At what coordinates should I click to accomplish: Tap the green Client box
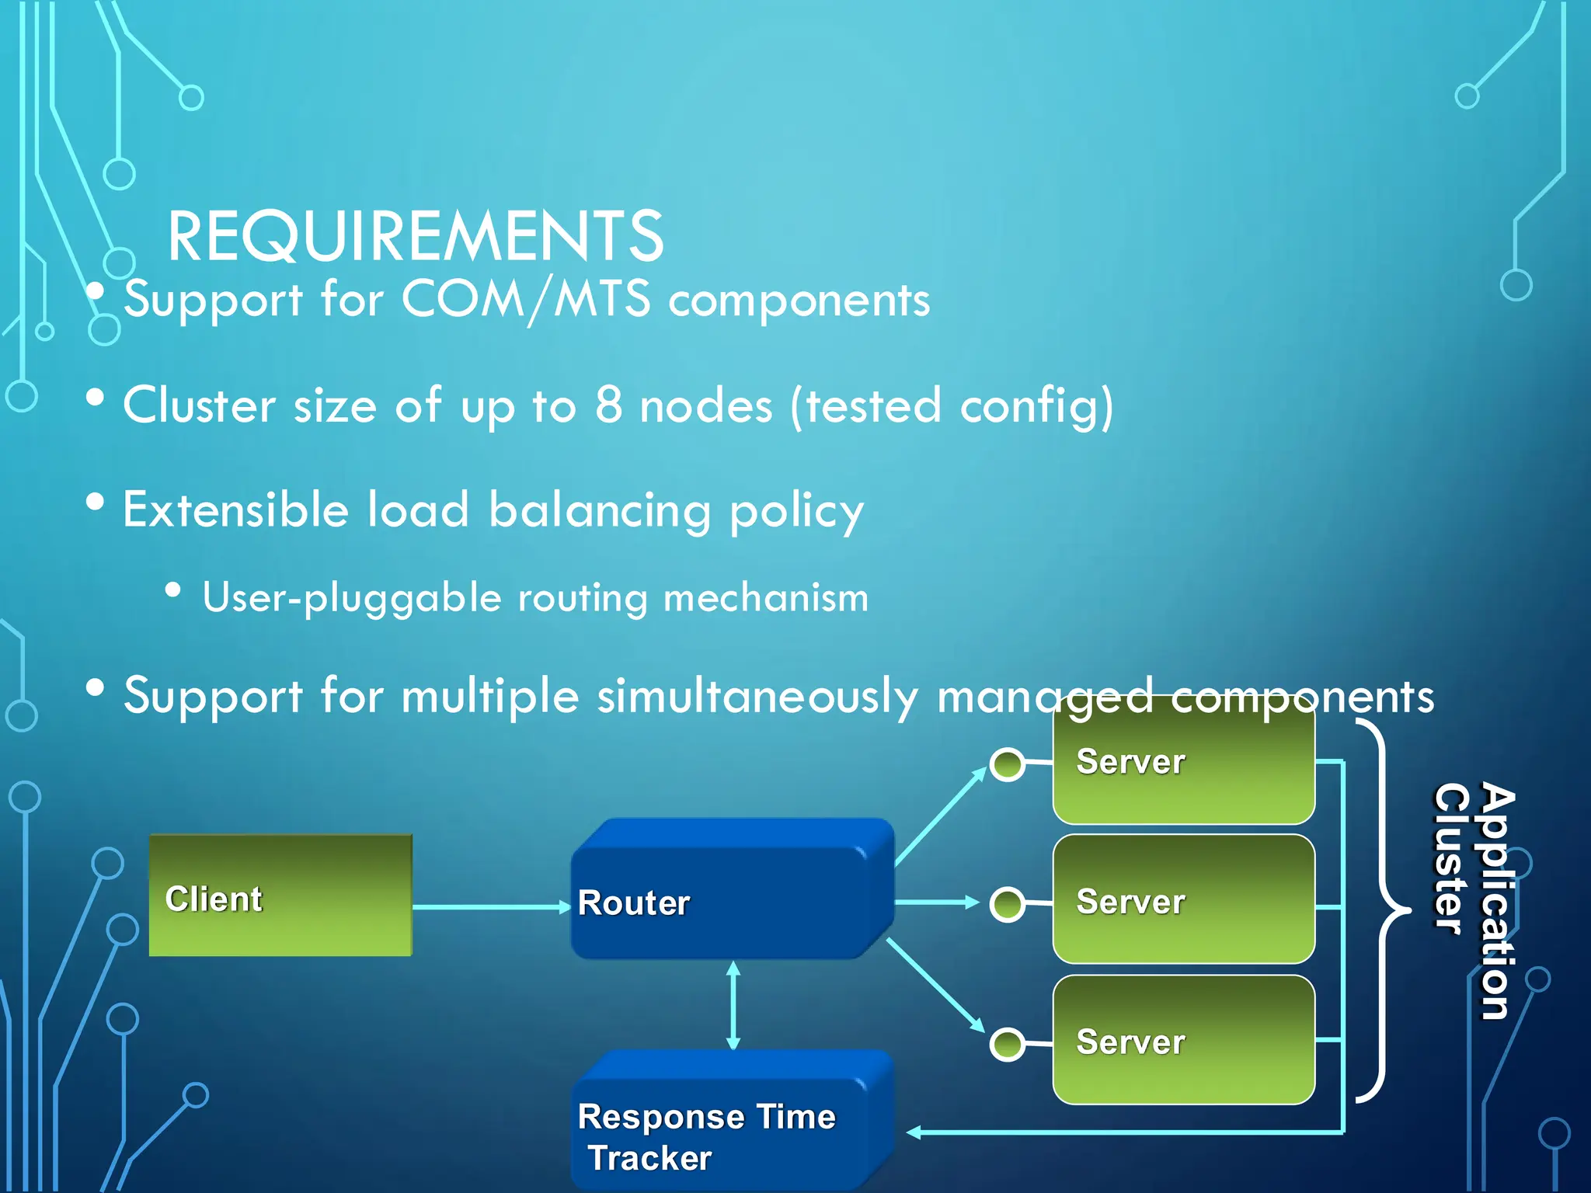(280, 896)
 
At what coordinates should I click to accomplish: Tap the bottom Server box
(1183, 1040)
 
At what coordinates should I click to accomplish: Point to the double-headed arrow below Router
(733, 1005)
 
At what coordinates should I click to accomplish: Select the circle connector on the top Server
(1008, 765)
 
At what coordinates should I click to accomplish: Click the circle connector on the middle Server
(1008, 905)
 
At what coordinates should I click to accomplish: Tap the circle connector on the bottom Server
(1008, 1044)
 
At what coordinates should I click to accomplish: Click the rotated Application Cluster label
(1474, 901)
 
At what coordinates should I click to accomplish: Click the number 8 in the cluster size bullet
(608, 405)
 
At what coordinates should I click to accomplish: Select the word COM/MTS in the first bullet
(526, 300)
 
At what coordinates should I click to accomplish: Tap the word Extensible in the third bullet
(235, 510)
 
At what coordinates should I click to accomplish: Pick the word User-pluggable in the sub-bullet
(352, 598)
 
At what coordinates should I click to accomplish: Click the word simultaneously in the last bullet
(757, 695)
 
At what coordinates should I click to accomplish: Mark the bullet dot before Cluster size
(95, 398)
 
